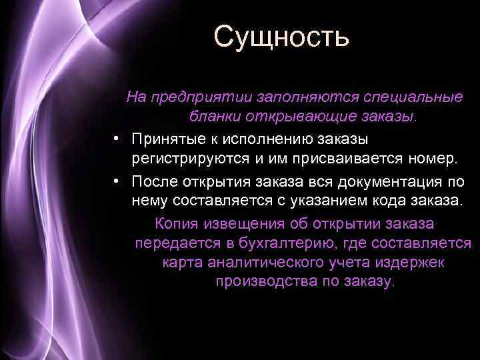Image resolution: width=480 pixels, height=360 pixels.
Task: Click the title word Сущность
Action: (281, 36)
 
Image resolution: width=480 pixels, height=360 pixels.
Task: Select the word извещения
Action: (243, 223)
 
